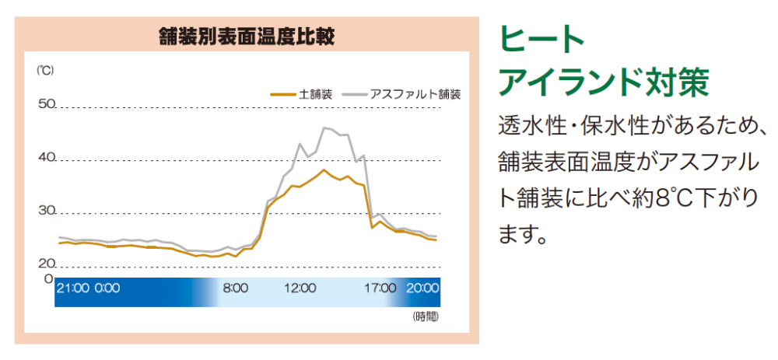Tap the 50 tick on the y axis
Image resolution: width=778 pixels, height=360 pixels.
[x=46, y=103]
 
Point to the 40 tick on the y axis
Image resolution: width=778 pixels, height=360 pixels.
[x=46, y=157]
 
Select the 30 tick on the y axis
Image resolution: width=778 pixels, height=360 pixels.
[x=46, y=211]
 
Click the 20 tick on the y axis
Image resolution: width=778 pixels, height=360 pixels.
[x=46, y=263]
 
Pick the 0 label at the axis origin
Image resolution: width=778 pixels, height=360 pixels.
[x=47, y=278]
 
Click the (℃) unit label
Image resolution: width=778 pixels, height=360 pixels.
[x=45, y=70]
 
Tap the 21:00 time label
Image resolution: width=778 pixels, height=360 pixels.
[x=73, y=288]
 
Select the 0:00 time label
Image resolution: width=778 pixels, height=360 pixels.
[x=107, y=288]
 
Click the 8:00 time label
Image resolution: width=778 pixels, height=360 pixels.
[x=235, y=288]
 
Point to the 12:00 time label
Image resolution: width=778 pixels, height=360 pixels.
[x=300, y=288]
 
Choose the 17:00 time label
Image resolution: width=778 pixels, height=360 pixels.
[x=381, y=288]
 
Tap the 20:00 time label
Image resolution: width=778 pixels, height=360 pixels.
[x=423, y=288]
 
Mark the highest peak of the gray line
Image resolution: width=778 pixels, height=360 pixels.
[x=324, y=128]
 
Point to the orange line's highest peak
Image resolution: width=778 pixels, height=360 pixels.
[x=323, y=170]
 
